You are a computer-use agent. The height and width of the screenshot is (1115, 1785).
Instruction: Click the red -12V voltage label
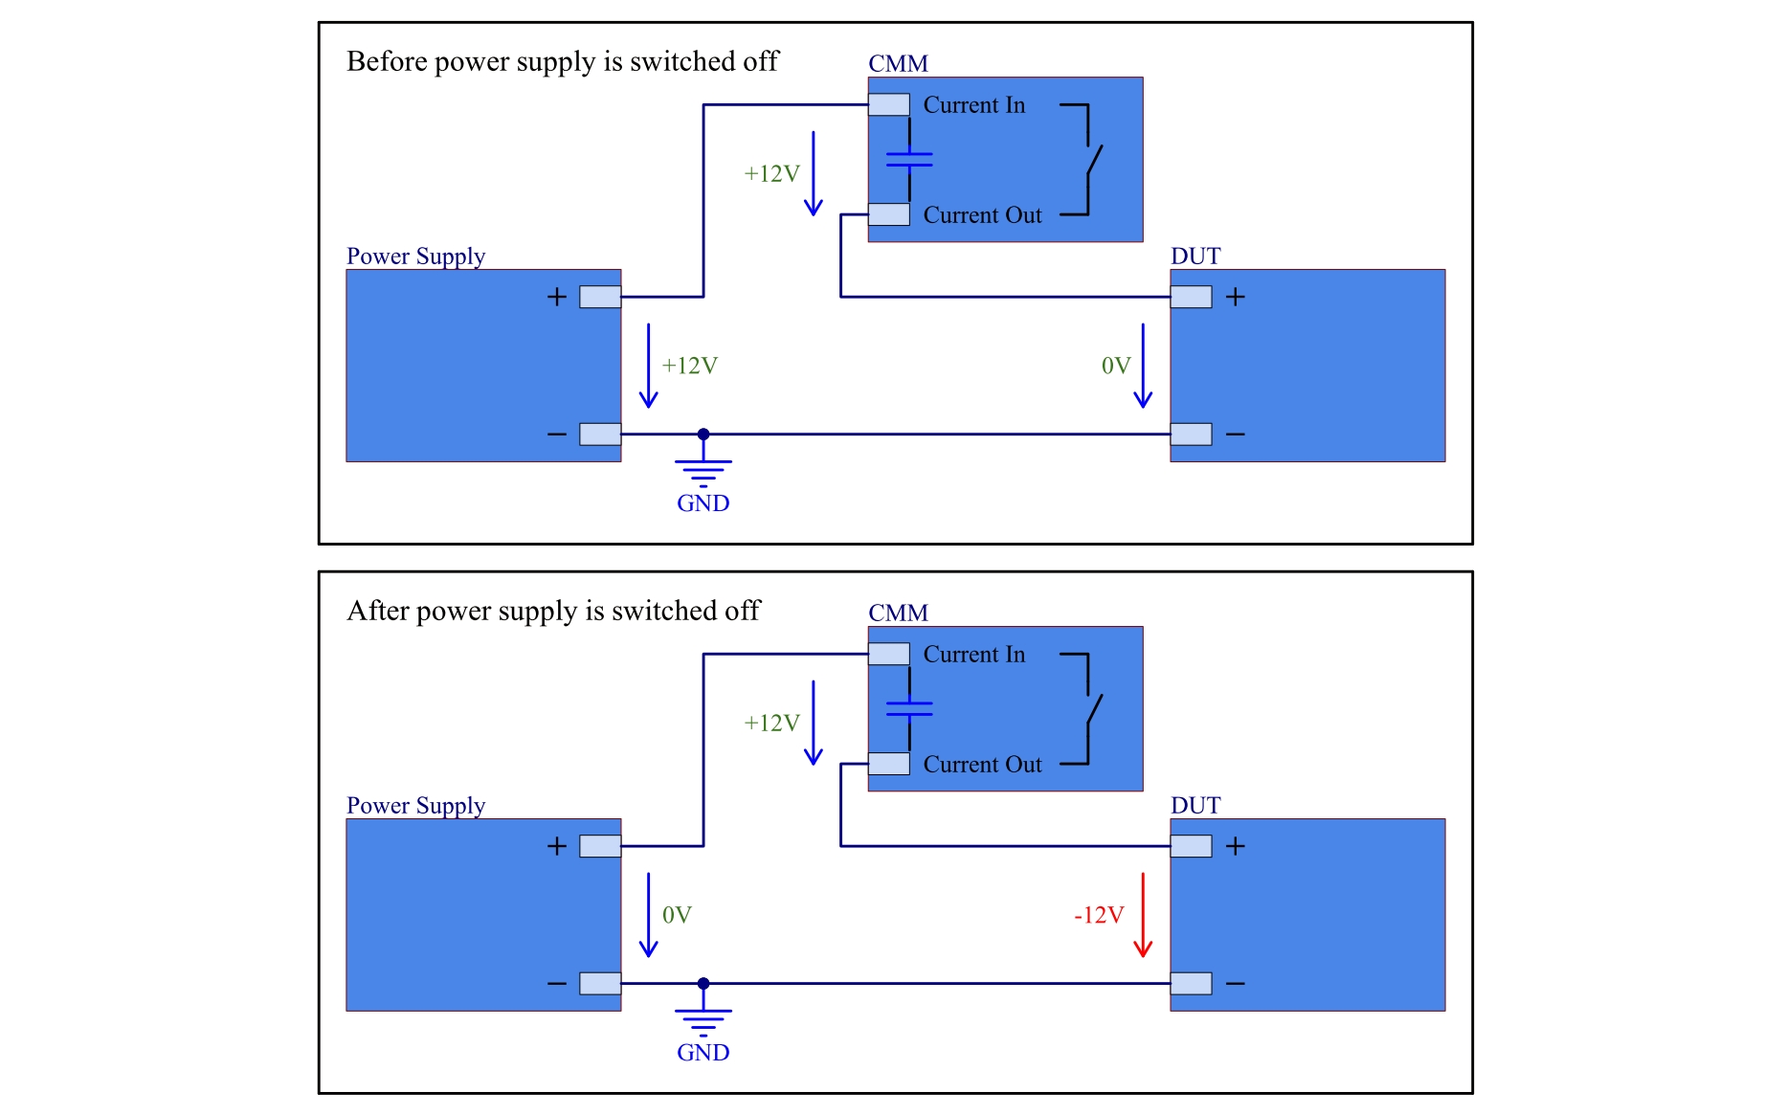coord(1098,915)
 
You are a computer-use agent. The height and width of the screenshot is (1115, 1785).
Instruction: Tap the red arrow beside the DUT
coord(1142,915)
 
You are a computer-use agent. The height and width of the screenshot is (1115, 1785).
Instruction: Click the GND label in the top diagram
coord(703,503)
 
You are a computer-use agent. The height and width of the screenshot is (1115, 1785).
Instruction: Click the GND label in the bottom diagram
coord(703,1053)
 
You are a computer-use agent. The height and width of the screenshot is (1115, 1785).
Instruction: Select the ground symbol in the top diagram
coord(703,470)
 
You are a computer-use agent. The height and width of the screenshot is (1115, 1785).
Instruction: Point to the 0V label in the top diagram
coord(1115,366)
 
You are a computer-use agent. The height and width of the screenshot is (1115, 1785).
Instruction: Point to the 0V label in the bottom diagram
coord(677,915)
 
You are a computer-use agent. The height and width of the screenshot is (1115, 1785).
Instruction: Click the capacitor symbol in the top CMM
coord(909,160)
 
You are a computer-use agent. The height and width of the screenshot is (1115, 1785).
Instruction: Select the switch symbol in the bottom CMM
coord(1091,709)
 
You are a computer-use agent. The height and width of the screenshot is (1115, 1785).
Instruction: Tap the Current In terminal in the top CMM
coord(889,104)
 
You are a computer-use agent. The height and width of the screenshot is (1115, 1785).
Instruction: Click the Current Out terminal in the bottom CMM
coord(889,764)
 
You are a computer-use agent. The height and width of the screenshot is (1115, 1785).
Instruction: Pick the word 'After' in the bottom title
coord(378,611)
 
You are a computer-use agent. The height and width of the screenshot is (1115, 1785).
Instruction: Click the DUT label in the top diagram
coord(1195,256)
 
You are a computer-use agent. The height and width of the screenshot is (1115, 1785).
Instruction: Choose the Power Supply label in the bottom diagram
coord(415,806)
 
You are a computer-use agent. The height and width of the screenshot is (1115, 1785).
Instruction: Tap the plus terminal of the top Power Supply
coord(600,297)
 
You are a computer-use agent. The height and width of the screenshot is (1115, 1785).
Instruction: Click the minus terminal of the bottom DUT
coord(1191,983)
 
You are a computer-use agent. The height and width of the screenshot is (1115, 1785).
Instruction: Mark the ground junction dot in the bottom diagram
coord(703,983)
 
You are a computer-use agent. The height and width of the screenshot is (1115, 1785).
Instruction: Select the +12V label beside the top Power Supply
coord(689,366)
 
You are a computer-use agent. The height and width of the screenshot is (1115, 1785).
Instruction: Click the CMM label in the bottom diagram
coord(898,613)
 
